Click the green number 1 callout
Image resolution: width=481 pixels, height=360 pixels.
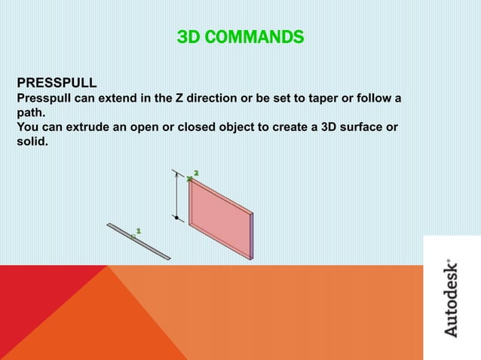pyautogui.click(x=138, y=230)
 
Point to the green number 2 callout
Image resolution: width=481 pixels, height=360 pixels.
pyautogui.click(x=196, y=173)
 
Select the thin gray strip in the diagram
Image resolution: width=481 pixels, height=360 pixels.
pyautogui.click(x=139, y=242)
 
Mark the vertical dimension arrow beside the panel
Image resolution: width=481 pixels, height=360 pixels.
pyautogui.click(x=176, y=197)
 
